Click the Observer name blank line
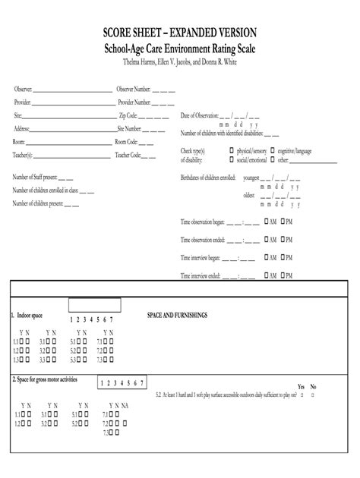pos(73,90)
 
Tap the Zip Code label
pos(128,116)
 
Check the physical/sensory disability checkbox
pos(232,151)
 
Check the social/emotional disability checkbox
pos(232,160)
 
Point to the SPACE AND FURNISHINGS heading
pos(177,314)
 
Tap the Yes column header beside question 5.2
pos(301,386)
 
